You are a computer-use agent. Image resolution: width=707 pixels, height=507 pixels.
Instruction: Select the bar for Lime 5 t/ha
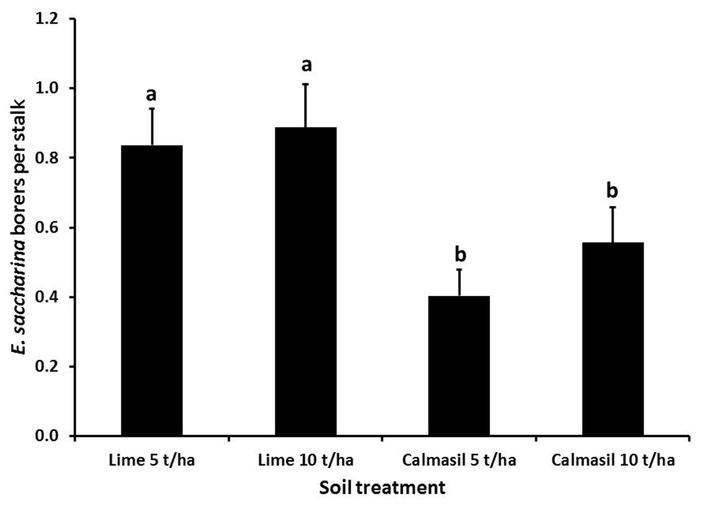(x=152, y=290)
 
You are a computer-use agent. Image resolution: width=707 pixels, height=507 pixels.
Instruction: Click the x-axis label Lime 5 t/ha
(x=152, y=460)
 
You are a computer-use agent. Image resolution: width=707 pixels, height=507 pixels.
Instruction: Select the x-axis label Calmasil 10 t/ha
(x=613, y=460)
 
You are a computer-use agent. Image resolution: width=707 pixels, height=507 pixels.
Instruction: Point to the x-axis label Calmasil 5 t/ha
(x=459, y=460)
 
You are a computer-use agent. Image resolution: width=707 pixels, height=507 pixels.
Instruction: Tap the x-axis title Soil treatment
(x=382, y=488)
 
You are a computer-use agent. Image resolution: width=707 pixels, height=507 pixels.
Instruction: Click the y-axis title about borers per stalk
(x=20, y=227)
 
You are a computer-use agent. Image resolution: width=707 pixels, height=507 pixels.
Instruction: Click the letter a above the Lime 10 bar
(x=306, y=66)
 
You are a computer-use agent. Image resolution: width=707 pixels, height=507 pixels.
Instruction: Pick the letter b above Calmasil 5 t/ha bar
(x=461, y=255)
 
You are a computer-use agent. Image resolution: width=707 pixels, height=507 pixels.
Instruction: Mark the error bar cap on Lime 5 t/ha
(x=152, y=108)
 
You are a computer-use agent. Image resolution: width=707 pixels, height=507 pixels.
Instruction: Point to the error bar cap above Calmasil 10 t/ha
(x=613, y=207)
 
